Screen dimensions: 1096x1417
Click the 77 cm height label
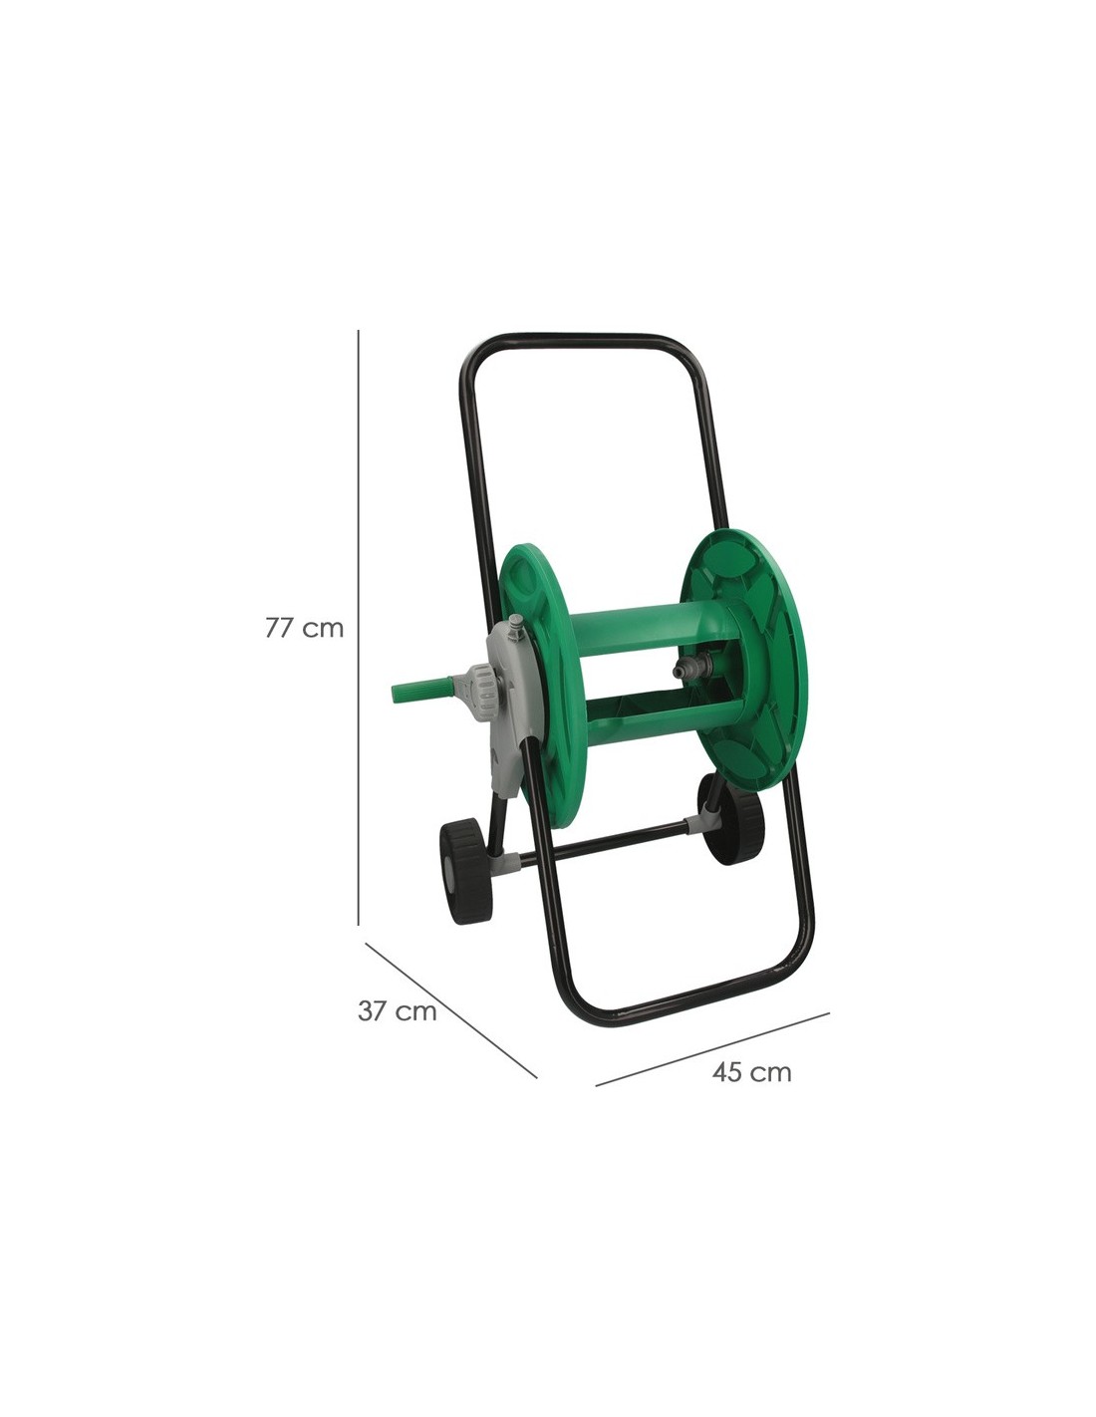pyautogui.click(x=304, y=628)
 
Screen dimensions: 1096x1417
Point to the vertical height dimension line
pyautogui.click(x=359, y=628)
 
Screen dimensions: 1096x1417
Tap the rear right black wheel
pyautogui.click(x=729, y=818)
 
